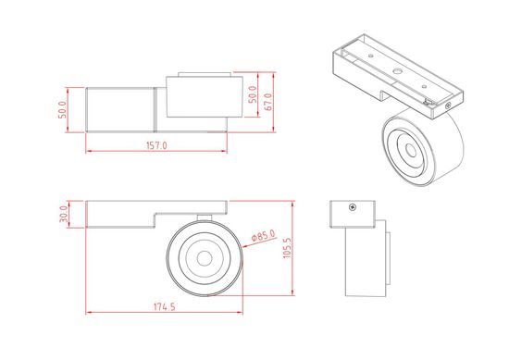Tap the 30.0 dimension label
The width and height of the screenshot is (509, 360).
click(x=64, y=214)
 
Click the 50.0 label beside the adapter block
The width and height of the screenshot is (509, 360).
click(x=64, y=108)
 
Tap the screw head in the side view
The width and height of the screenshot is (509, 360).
click(x=352, y=207)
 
